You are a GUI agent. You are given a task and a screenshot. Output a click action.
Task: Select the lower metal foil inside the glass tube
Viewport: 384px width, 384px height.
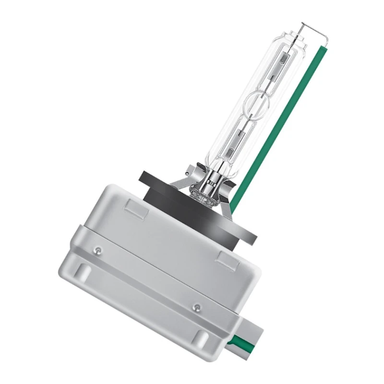point(238,140)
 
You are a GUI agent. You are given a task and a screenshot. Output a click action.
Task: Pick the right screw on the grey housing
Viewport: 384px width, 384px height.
point(195,306)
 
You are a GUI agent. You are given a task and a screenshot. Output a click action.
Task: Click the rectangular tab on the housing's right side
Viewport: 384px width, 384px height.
point(225,260)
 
